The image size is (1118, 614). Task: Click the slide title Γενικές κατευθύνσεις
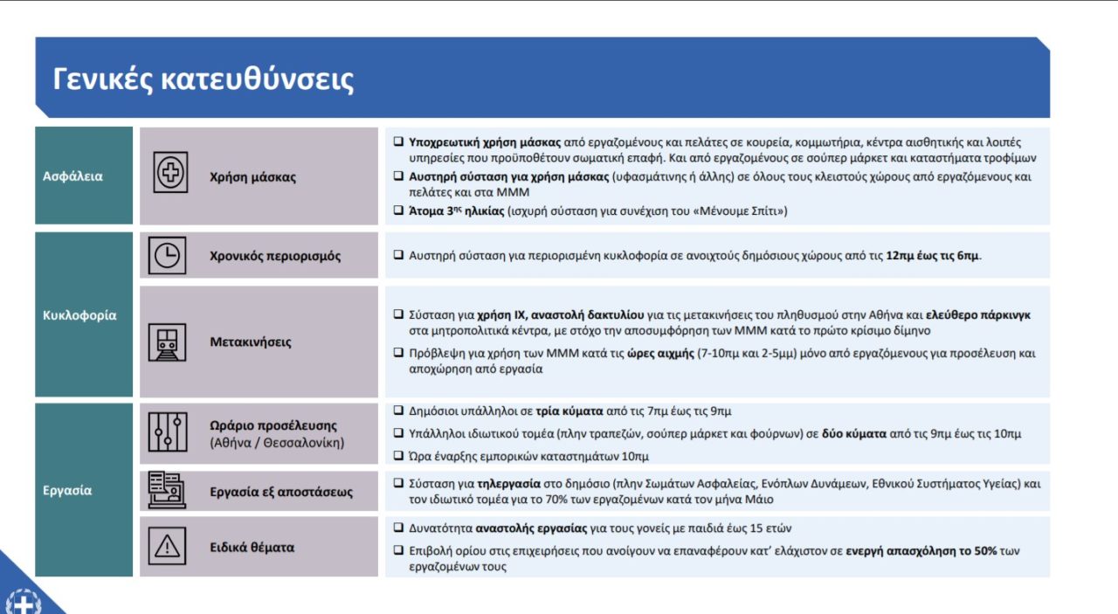(x=203, y=79)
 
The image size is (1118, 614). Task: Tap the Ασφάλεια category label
(x=72, y=176)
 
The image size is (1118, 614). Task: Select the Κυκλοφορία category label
(x=79, y=315)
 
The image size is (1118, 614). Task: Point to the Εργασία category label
(x=67, y=490)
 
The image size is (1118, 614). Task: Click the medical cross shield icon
(x=170, y=172)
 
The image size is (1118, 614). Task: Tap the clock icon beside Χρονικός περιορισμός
(x=167, y=255)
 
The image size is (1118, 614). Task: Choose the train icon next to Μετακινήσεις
(x=167, y=342)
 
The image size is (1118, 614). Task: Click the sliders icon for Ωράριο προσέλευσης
(x=167, y=432)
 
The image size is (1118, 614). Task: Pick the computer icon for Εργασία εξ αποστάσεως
(x=167, y=490)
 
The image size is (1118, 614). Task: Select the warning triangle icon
(x=167, y=547)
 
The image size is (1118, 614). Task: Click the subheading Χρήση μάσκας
(x=252, y=177)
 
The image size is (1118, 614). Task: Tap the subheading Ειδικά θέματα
(x=252, y=548)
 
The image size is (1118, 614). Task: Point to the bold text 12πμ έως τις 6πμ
(x=933, y=256)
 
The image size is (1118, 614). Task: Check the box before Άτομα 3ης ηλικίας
(x=397, y=210)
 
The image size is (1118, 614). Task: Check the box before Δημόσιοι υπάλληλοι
(x=397, y=410)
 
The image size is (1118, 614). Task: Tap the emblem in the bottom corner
(x=21, y=602)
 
